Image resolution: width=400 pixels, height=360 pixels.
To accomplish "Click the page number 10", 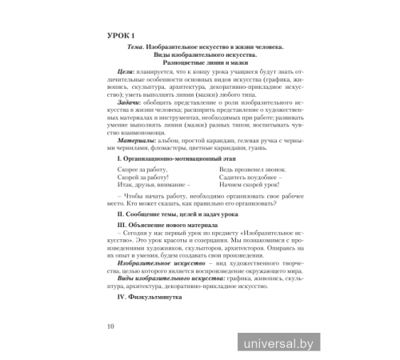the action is point(110,326).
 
